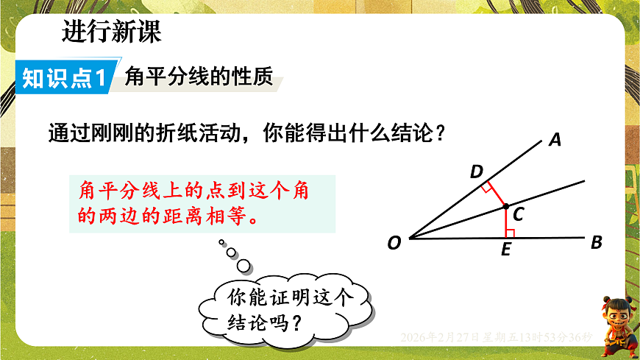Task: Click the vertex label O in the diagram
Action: [x=394, y=243]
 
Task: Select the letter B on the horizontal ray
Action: [x=597, y=242]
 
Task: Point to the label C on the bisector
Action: [x=518, y=214]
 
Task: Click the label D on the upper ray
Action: [x=477, y=172]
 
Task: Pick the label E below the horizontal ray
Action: [x=505, y=250]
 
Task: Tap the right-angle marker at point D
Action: [x=488, y=188]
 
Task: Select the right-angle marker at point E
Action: [x=510, y=233]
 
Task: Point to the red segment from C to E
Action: [x=505, y=222]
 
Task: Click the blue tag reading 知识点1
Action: [x=65, y=78]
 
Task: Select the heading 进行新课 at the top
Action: [x=111, y=33]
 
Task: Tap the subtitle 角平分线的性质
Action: [x=199, y=77]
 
